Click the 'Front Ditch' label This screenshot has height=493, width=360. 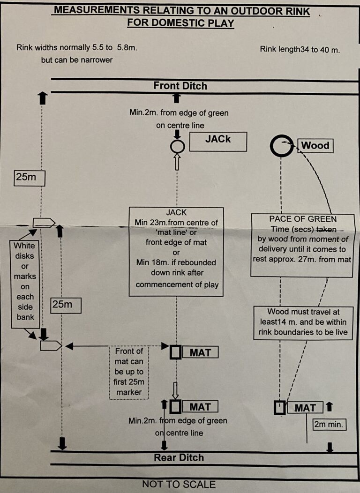(180, 86)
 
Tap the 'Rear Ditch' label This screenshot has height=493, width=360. (179, 457)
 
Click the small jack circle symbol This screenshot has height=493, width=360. (177, 147)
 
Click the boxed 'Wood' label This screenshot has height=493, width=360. (315, 146)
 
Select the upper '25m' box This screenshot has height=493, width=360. (29, 178)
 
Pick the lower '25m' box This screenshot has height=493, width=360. (66, 305)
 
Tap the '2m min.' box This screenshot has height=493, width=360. (329, 425)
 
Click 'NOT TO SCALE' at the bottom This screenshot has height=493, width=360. (179, 484)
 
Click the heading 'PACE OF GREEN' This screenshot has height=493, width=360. (303, 219)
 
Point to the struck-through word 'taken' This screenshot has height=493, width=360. (326, 229)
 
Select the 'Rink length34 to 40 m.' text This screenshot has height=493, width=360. (300, 49)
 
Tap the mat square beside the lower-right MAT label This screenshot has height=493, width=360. (279, 408)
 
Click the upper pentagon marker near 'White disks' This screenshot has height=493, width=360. (44, 223)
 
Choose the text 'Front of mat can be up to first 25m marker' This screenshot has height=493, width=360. (129, 372)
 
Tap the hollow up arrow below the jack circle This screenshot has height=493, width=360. (177, 162)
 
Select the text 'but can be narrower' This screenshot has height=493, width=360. (77, 60)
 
